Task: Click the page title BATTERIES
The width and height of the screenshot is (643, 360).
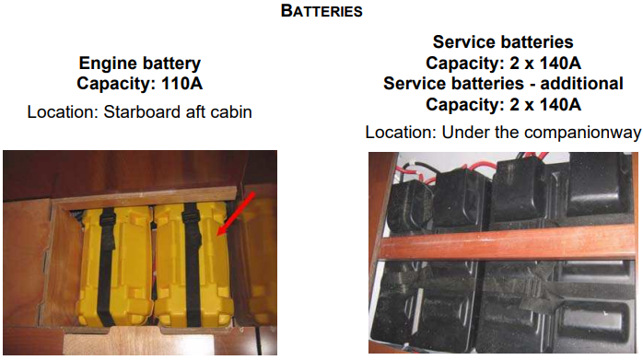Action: pos(321,11)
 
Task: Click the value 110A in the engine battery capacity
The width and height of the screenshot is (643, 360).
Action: pos(182,84)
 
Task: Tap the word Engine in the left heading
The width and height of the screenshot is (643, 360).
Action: pos(108,64)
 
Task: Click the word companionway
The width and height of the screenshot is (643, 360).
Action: pos(583,133)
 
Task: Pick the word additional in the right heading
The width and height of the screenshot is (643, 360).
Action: pos(582,84)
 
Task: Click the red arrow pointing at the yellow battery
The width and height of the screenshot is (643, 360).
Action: pos(236,214)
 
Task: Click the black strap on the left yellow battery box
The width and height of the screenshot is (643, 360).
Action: pos(106,266)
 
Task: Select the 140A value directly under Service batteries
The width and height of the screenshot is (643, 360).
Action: pos(560,64)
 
